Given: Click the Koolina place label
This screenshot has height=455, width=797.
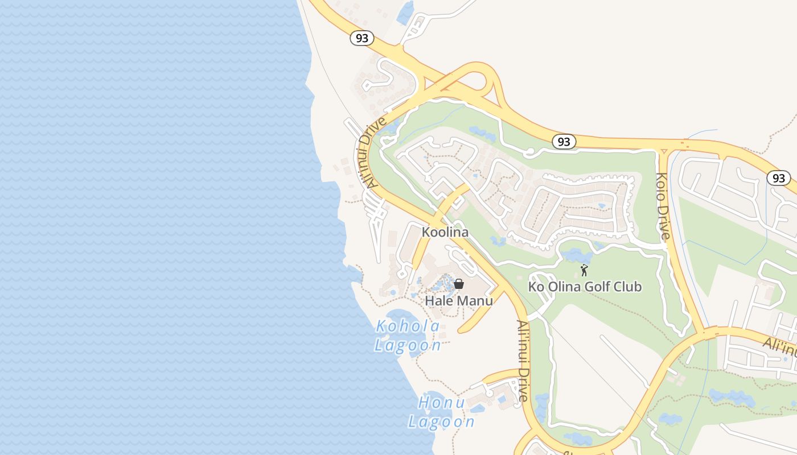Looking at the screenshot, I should point(445,232).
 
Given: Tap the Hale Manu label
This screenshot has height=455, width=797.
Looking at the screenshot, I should point(459,300).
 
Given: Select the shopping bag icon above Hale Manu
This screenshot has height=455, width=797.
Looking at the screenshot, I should point(459,284).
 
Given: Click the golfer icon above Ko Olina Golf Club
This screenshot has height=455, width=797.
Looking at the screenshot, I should point(584,271).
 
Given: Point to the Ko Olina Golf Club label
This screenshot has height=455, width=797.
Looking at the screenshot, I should point(585,287).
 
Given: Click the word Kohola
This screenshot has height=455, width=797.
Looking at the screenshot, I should point(408,326).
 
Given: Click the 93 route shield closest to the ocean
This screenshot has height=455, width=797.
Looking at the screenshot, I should point(361,38).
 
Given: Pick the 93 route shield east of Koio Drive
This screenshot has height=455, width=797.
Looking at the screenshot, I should point(778,178).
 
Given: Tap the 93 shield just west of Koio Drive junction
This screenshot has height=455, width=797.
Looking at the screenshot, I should point(564,142).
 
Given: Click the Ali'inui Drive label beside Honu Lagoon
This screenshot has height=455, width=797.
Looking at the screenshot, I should point(523,361).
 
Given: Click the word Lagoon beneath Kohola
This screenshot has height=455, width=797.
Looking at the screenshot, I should point(408,345).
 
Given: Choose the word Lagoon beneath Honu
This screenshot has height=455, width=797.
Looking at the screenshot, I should point(441,421).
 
